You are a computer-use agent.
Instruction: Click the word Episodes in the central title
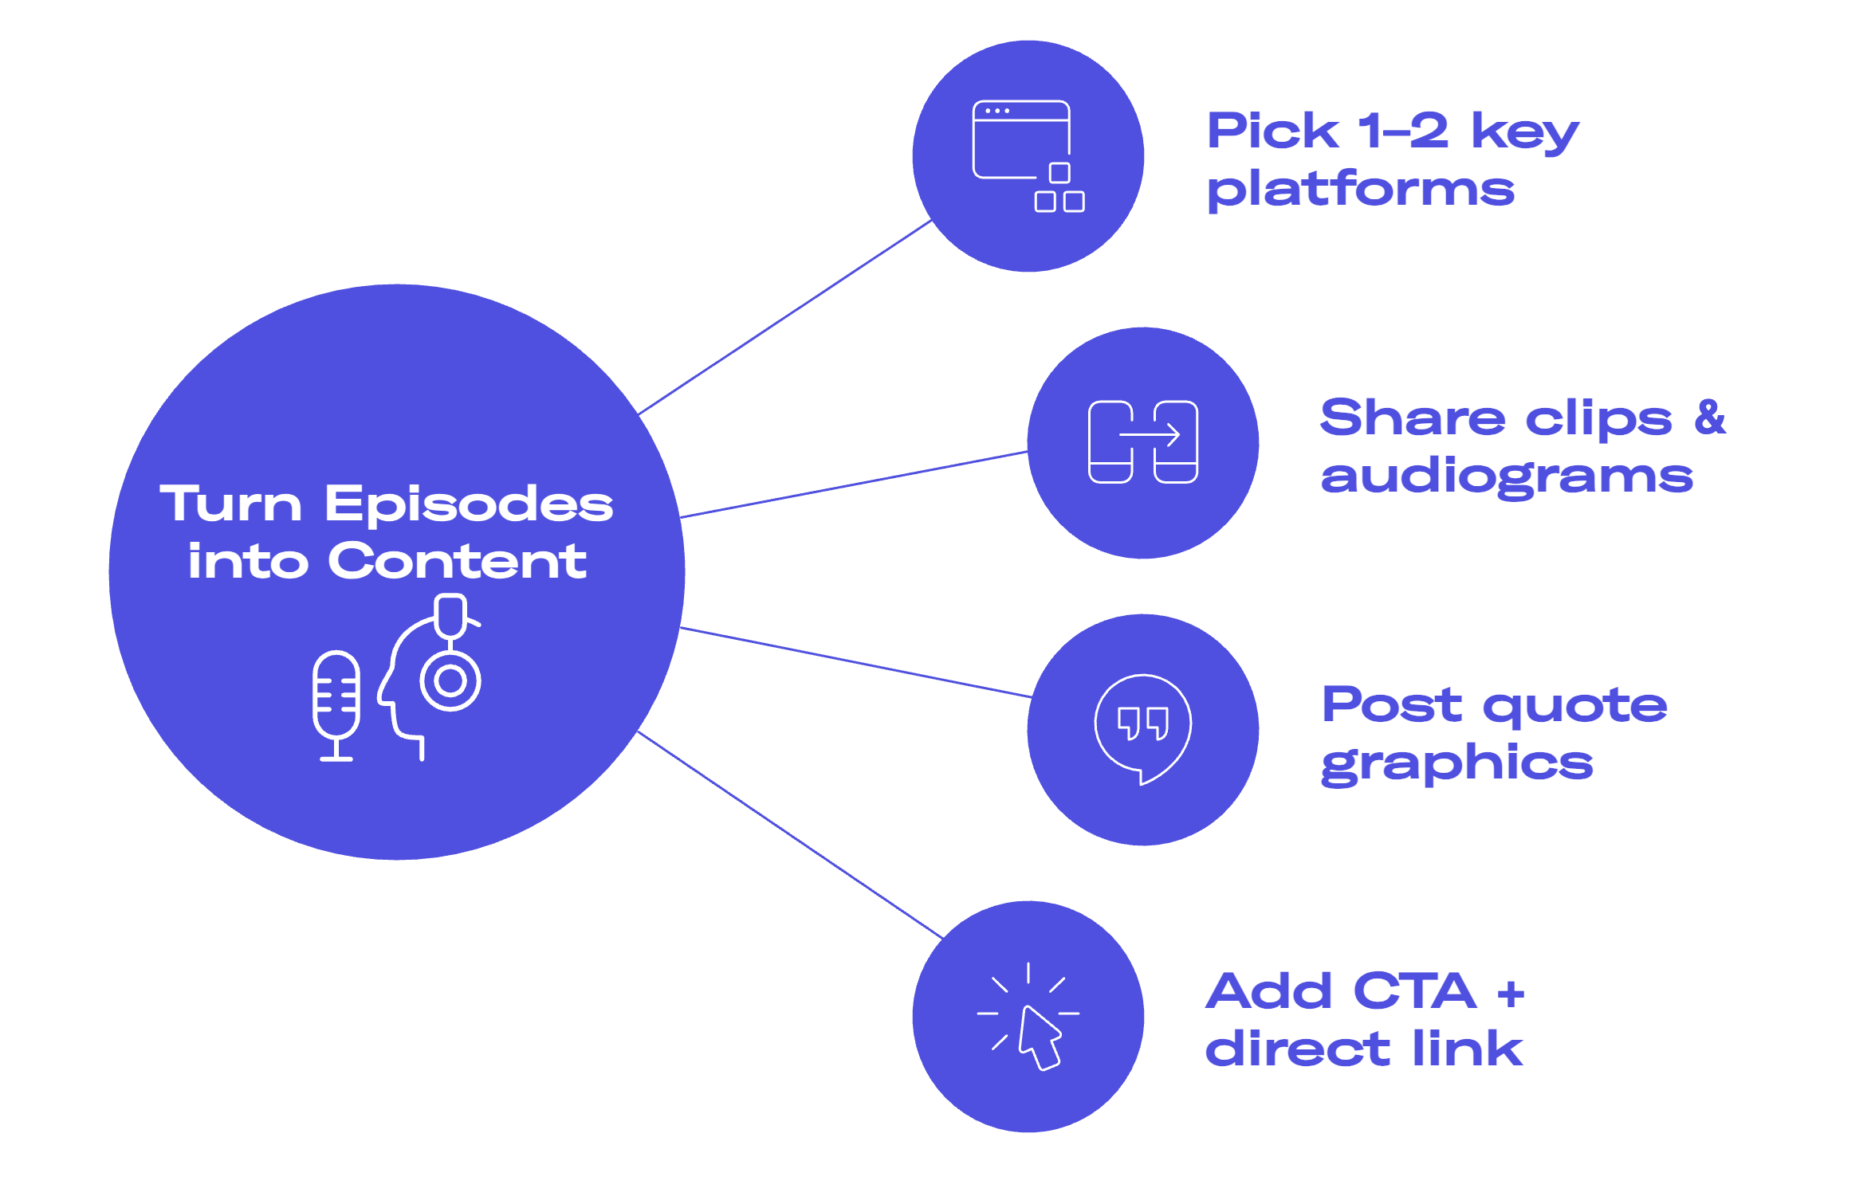[469, 505]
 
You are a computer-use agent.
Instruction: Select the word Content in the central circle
[457, 562]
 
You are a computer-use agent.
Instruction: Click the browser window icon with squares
[1027, 155]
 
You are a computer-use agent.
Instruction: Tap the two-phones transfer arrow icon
[1142, 442]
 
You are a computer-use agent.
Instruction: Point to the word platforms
[1360, 191]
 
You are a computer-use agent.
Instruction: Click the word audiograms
[1506, 478]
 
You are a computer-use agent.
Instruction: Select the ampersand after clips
[1710, 418]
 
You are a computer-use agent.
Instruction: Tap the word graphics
[1456, 765]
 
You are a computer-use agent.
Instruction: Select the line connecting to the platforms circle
[785, 318]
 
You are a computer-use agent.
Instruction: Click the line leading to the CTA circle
[789, 833]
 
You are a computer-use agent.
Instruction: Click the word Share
[1412, 418]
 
